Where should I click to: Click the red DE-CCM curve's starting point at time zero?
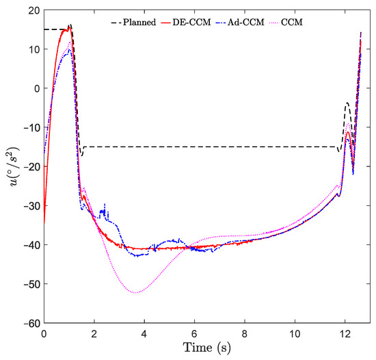(44, 222)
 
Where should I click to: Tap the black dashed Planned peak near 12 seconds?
(347, 103)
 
